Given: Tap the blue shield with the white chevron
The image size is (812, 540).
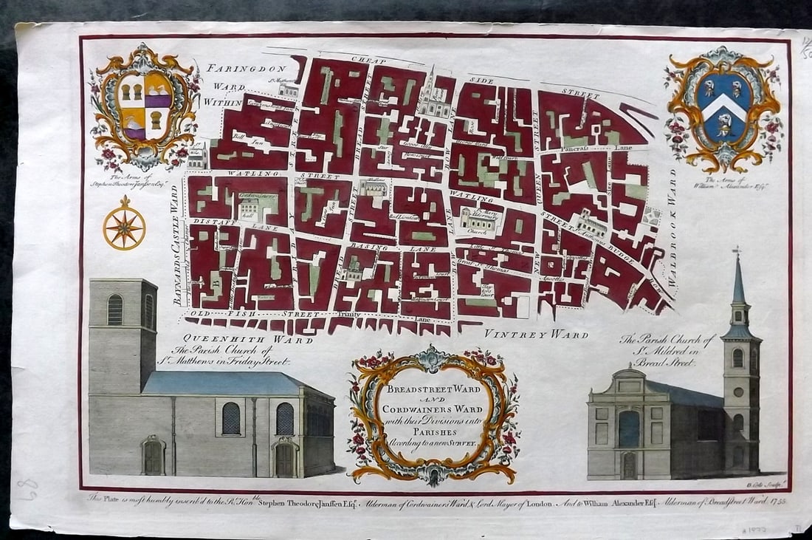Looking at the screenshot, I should (723, 109).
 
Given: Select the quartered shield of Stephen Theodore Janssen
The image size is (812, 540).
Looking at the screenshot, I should (144, 107).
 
